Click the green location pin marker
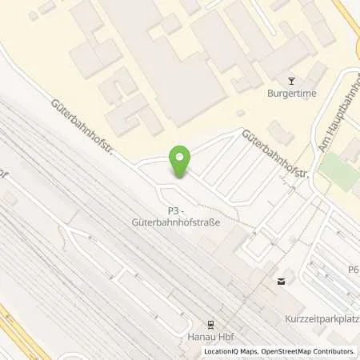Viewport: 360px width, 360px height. (182, 159)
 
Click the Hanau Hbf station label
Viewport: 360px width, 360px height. (210, 337)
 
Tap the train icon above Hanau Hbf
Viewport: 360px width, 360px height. (210, 324)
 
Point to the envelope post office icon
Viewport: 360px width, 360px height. (281, 281)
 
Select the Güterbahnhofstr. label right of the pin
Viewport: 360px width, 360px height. (276, 157)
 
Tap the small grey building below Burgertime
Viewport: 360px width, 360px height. (279, 131)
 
